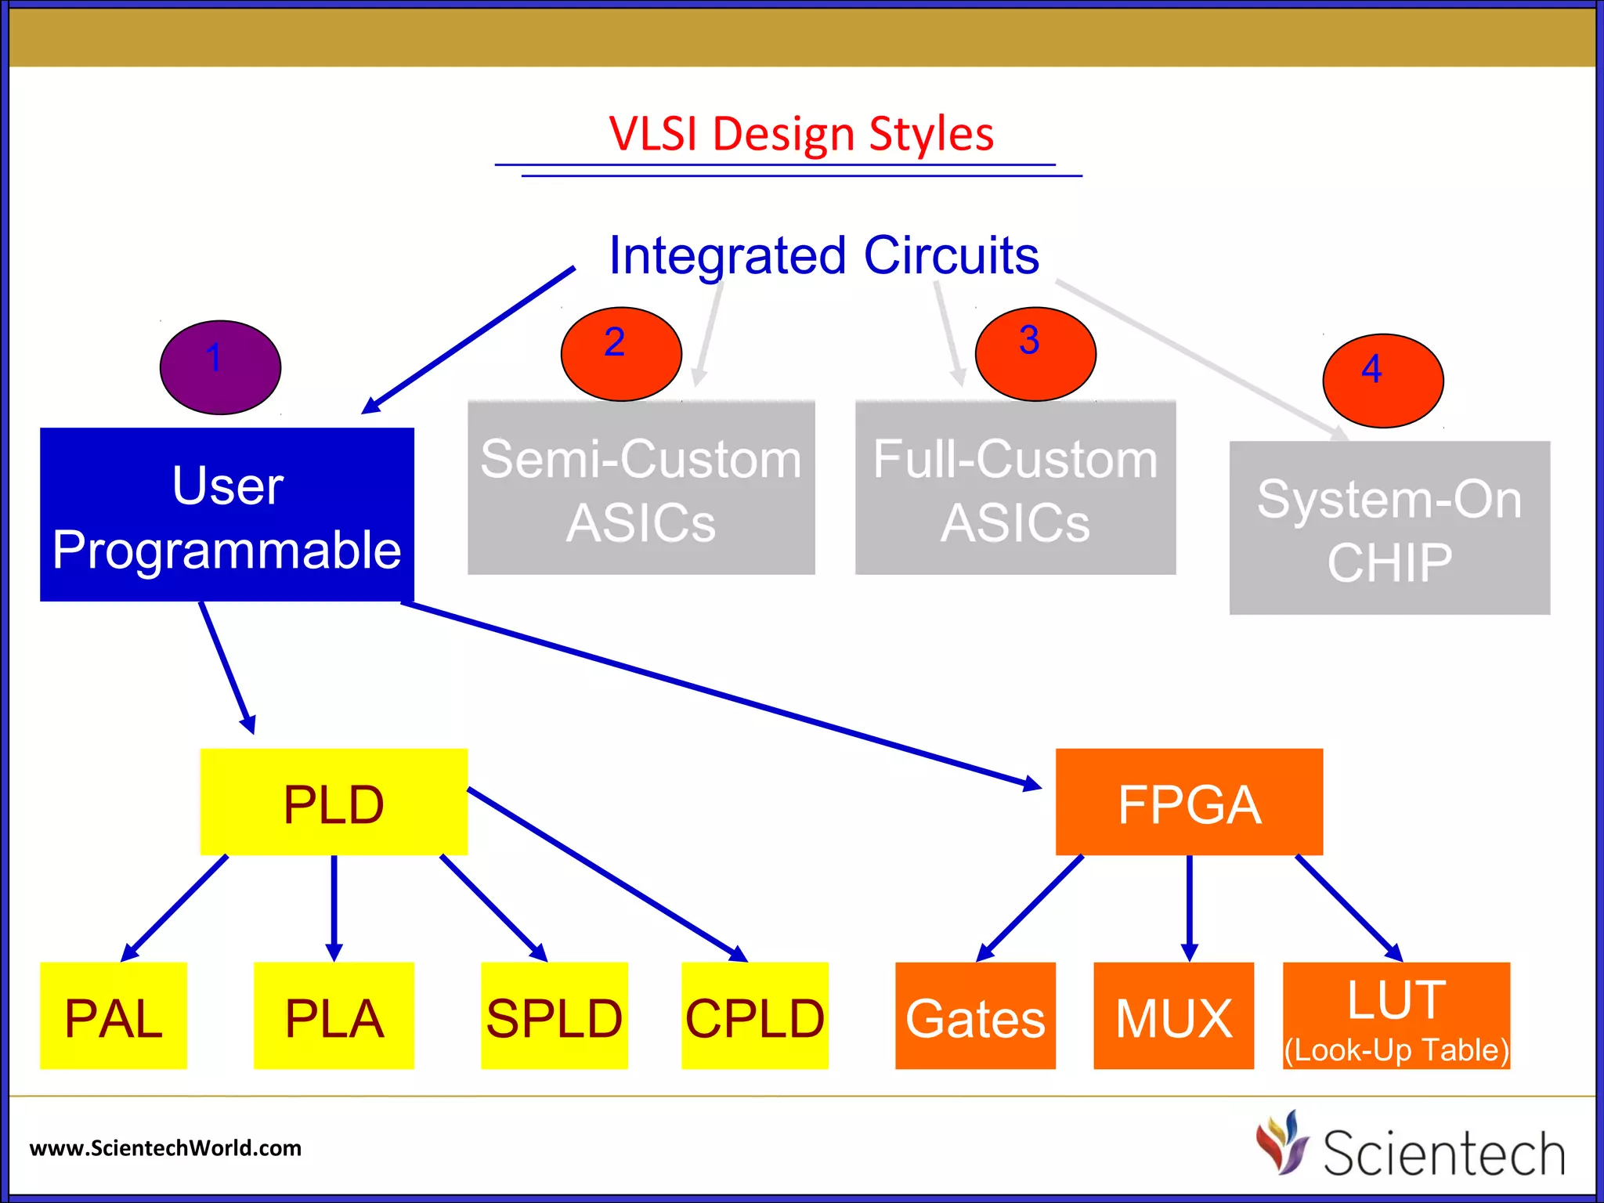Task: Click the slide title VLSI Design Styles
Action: (800, 134)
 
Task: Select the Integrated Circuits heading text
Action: (823, 255)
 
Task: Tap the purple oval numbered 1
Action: (220, 367)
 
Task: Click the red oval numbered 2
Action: (621, 355)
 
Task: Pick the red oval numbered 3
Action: (1035, 355)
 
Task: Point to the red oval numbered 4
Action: (1382, 381)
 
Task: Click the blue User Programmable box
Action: (226, 515)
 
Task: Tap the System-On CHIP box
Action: (1389, 529)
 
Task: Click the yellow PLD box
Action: (334, 802)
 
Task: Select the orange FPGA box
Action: (1189, 802)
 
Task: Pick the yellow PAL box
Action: (114, 1016)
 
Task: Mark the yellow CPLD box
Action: (754, 1016)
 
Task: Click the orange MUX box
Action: (1173, 1016)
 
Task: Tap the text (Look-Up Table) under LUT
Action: (1396, 1050)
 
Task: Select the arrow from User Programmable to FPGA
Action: (721, 695)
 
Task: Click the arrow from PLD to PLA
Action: (334, 909)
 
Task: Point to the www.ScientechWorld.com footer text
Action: (165, 1148)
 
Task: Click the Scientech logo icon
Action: (1282, 1143)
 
